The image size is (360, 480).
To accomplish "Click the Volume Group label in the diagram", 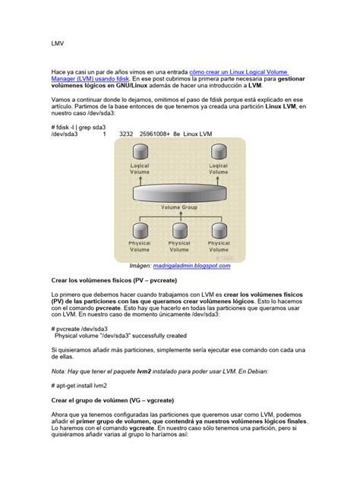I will pos(179,207).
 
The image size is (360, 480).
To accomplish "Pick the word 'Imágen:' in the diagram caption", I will pos(143,267).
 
